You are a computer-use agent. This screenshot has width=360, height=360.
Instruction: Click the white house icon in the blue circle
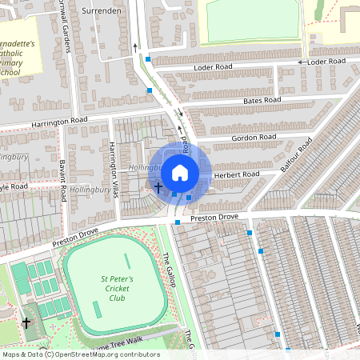[x=180, y=172]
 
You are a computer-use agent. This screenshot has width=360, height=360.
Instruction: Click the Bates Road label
[x=262, y=101]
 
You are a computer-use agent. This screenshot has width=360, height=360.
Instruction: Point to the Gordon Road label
[x=254, y=138]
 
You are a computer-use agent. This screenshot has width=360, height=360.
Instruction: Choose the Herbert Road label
[x=238, y=174]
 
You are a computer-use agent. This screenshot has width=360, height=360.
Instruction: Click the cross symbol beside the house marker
[x=158, y=188]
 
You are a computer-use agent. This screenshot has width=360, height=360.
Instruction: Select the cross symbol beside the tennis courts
[x=26, y=323]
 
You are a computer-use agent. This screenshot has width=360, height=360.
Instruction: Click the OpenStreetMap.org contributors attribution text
[x=107, y=354]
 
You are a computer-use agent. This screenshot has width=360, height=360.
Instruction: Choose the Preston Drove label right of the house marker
[x=214, y=217]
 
